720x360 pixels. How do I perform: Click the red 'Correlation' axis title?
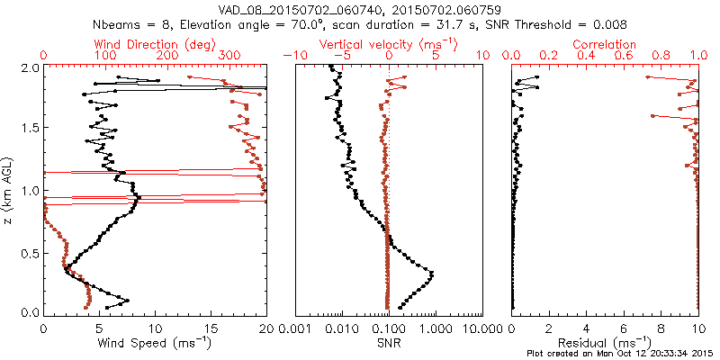[x=606, y=43]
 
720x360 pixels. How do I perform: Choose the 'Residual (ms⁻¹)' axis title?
[x=606, y=342]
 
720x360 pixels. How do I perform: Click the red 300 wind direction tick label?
[x=229, y=56]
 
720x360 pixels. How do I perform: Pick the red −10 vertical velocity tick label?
[x=294, y=56]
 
